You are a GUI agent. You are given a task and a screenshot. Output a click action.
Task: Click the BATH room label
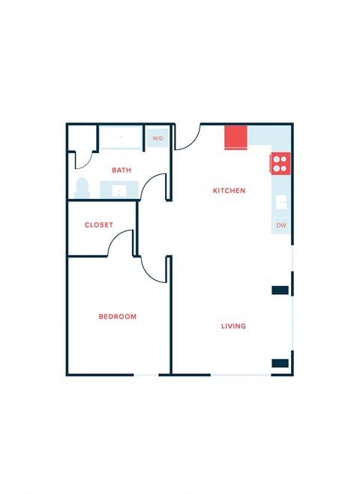[121, 170]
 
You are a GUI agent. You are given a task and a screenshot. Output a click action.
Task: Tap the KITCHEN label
[229, 191]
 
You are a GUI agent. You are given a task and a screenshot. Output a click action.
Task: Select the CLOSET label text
[99, 225]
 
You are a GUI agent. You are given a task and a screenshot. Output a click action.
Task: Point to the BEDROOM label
[118, 317]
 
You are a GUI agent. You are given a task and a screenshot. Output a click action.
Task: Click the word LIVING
[233, 327]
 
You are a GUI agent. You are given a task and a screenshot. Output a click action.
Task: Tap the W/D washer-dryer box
[157, 138]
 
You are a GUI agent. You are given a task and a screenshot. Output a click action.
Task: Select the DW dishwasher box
[281, 225]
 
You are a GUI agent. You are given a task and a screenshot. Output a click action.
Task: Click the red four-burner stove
[280, 164]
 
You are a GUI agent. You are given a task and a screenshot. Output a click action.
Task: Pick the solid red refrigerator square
[236, 137]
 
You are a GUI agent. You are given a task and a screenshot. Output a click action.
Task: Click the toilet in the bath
[82, 187]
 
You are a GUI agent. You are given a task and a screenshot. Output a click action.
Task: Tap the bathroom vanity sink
[119, 190]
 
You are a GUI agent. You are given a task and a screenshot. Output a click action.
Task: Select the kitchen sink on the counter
[281, 202]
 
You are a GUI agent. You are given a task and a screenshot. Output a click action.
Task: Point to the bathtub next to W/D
[121, 138]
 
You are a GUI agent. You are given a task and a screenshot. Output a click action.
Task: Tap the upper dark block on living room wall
[280, 290]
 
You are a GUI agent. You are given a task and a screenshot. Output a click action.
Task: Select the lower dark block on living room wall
[280, 363]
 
